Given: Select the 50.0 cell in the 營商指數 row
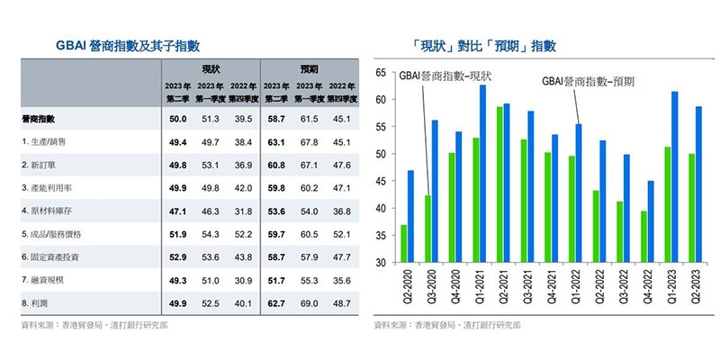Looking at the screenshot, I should point(177,119).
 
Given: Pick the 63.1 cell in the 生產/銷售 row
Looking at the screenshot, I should point(274,141).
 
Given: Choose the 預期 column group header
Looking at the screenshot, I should point(309,68).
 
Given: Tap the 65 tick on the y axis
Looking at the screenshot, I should point(381,72).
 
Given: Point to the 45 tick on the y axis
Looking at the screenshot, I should point(381,181).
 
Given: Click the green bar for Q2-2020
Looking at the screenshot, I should point(403,244).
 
